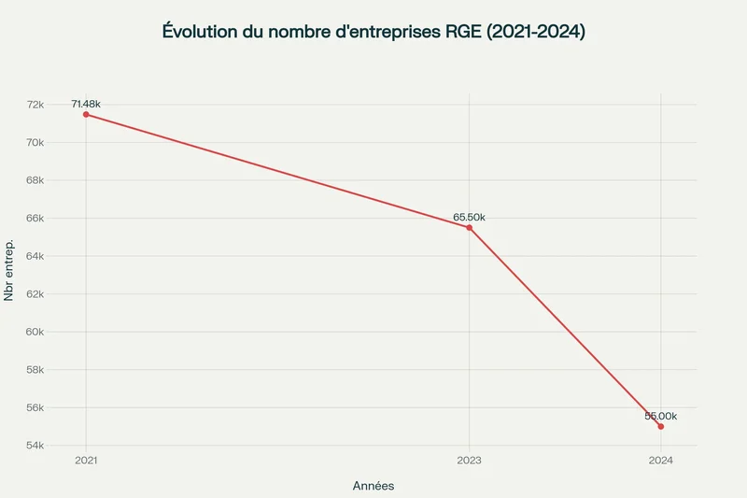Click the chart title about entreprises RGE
(x=373, y=31)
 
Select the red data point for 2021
(x=86, y=114)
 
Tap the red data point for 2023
(x=469, y=227)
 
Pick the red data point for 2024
(x=661, y=426)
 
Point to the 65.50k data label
(x=469, y=217)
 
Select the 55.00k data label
(x=660, y=416)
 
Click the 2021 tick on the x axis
(x=86, y=461)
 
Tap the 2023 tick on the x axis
(x=469, y=461)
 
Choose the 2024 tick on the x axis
(x=660, y=461)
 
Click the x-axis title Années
(x=373, y=486)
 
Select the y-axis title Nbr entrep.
(x=9, y=271)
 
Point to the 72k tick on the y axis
(x=61, y=105)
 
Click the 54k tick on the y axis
(x=61, y=446)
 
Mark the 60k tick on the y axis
(x=61, y=332)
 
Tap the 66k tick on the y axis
(x=61, y=219)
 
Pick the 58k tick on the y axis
(x=61, y=370)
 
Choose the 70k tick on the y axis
(x=61, y=143)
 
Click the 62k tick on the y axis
(x=61, y=294)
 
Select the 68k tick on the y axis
(x=61, y=180)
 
